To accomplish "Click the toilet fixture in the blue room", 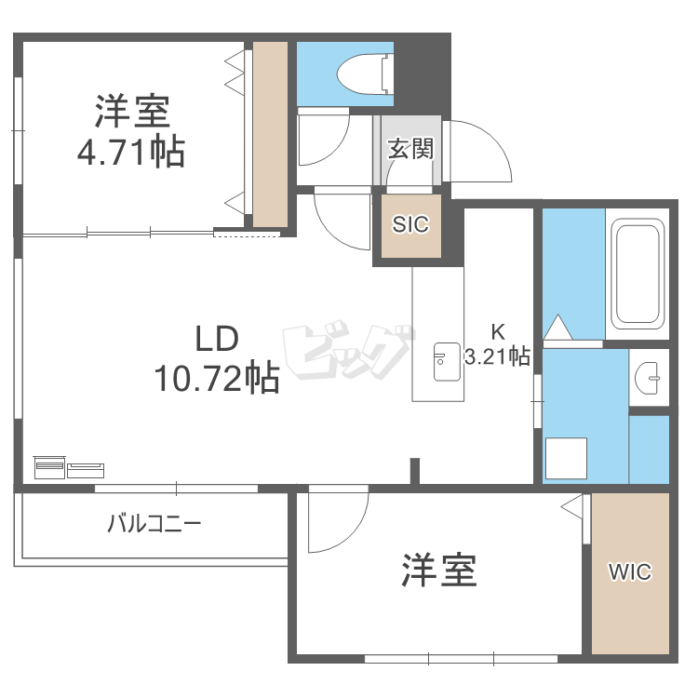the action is (x=366, y=74).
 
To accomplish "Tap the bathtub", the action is (x=638, y=274).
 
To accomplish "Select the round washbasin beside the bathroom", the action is (x=648, y=378).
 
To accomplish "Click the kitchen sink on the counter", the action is (x=447, y=362).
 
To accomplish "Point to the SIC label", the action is (x=410, y=224).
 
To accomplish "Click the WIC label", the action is (x=630, y=572).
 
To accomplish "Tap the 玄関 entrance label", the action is (x=410, y=149).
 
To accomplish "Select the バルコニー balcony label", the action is (x=154, y=523).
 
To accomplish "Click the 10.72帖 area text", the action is (x=217, y=378).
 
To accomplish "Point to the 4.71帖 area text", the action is (x=131, y=152).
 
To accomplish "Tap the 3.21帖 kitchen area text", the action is (x=497, y=356).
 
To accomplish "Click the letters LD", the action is (x=217, y=339).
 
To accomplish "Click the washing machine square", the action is (x=566, y=458).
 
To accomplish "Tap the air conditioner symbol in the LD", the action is (x=69, y=467).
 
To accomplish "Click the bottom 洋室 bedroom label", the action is (x=439, y=570).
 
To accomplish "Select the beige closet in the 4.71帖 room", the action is (x=270, y=134).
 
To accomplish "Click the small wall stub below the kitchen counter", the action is (x=415, y=471).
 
